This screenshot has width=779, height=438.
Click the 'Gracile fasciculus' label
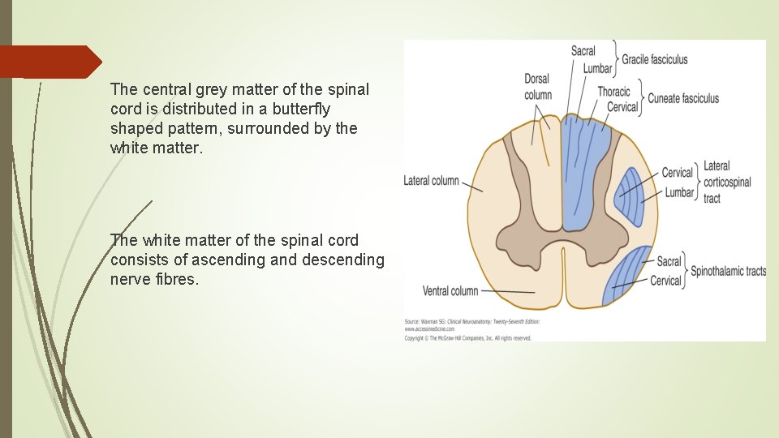(654, 58)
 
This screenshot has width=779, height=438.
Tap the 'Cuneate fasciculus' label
(682, 99)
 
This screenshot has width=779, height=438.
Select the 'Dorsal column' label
(537, 87)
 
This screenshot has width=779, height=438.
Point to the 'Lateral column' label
(431, 180)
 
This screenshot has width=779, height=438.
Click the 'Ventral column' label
(450, 290)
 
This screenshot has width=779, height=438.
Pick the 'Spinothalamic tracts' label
(728, 272)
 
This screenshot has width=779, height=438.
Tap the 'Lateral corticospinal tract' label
(717, 182)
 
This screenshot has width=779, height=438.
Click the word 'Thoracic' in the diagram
(613, 92)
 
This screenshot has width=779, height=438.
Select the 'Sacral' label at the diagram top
(583, 51)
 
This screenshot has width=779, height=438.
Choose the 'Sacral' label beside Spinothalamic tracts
(669, 261)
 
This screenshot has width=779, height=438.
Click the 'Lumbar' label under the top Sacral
(597, 68)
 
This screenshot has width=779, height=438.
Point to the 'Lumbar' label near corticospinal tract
(679, 193)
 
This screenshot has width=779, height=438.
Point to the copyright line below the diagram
(468, 337)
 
